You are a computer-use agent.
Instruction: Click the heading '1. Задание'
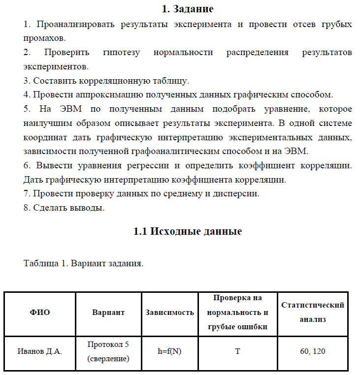click(x=187, y=9)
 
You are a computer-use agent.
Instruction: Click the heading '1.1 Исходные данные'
click(x=188, y=231)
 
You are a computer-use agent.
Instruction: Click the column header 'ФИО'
click(x=40, y=312)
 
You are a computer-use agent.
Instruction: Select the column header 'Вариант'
click(x=108, y=312)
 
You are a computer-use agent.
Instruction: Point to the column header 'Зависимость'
click(x=169, y=312)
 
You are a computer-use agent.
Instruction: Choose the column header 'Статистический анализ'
click(x=313, y=312)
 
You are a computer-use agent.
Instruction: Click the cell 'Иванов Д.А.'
click(x=40, y=351)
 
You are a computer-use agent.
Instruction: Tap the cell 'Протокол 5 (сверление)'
click(x=108, y=351)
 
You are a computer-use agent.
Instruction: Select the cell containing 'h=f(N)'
click(x=169, y=351)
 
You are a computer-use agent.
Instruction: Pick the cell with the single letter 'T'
click(x=237, y=351)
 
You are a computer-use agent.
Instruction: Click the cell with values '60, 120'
click(x=313, y=351)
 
